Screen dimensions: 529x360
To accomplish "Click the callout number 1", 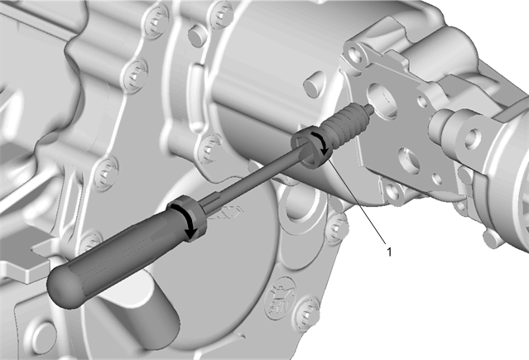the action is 389,252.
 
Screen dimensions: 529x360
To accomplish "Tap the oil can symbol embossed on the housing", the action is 280,297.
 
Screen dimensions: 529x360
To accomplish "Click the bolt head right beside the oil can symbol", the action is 307,314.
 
